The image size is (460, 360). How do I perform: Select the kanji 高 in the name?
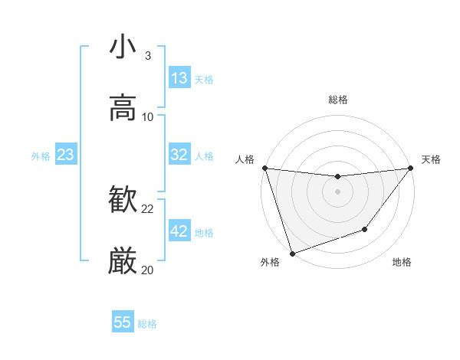(123, 107)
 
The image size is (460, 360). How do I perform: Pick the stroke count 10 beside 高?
(148, 116)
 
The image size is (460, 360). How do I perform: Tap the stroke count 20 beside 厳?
(148, 270)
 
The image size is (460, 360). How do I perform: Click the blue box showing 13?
(179, 78)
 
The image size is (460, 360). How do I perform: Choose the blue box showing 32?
(179, 155)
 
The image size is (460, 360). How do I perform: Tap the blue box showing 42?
(179, 231)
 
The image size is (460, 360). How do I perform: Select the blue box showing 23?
(66, 155)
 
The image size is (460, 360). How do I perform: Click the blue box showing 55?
(123, 322)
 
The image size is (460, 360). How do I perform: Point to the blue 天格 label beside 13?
(204, 79)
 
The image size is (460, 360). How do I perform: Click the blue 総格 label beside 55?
(147, 324)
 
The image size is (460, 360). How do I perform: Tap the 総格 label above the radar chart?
(338, 100)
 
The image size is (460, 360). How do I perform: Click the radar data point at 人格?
(264, 168)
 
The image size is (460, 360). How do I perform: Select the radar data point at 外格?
(292, 253)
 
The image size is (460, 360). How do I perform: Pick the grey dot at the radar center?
(338, 191)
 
